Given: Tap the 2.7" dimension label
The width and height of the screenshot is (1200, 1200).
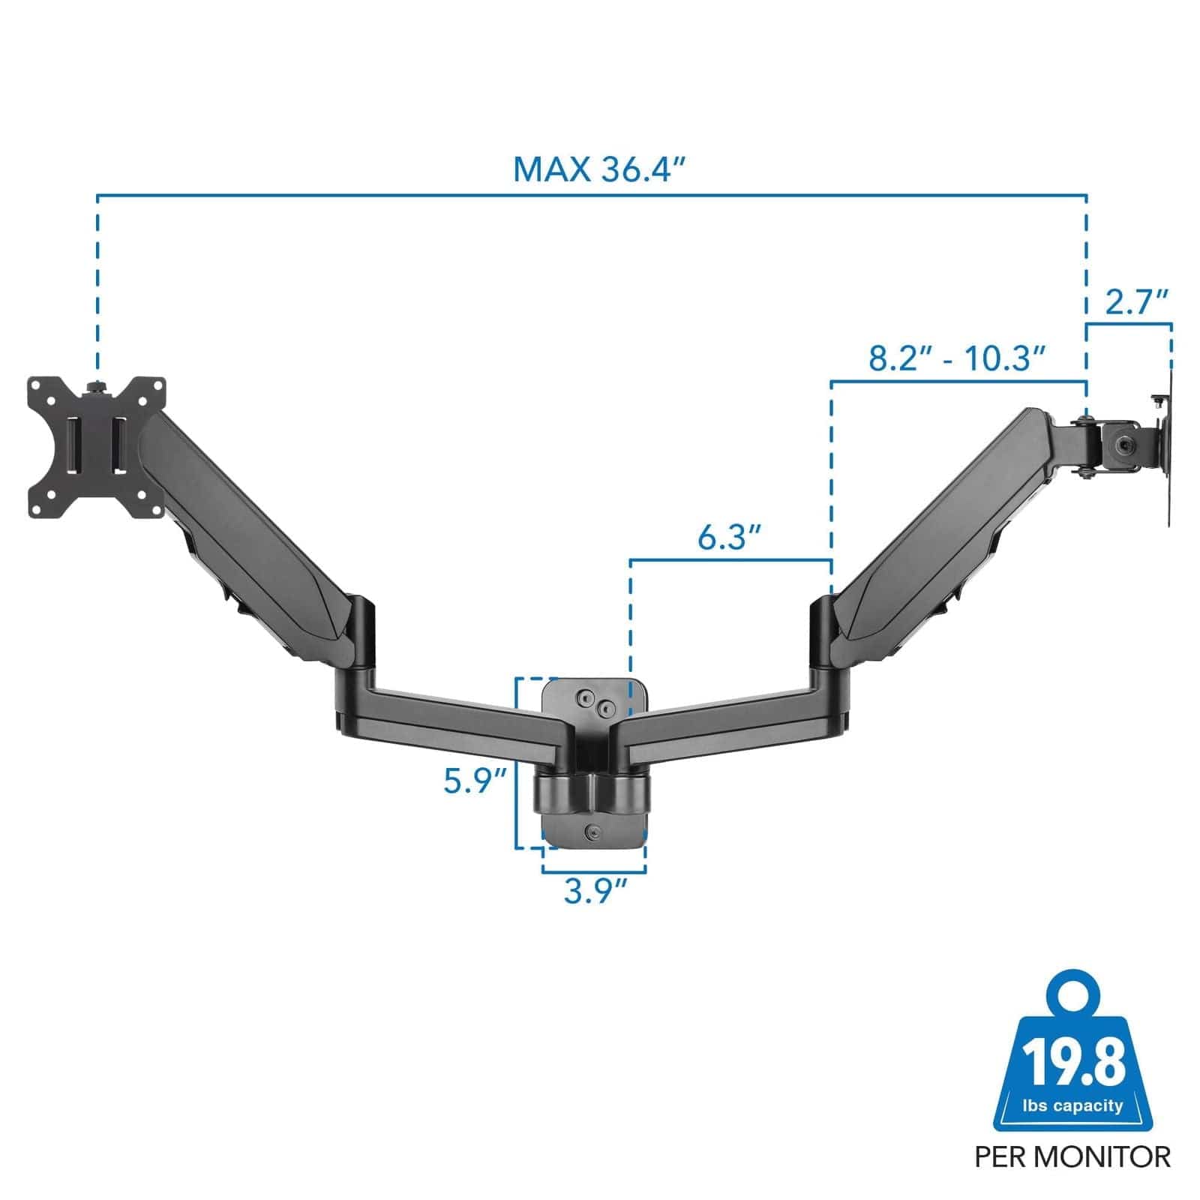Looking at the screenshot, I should [x=1137, y=302].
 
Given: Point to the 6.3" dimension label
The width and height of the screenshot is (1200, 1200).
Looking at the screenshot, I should [x=730, y=537].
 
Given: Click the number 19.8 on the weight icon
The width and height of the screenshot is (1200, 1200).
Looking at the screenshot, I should [x=1074, y=1060].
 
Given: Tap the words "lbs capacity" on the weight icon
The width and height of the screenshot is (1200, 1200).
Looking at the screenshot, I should [x=1073, y=1105].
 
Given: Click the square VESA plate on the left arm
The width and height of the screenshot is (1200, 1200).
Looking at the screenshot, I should [x=96, y=448].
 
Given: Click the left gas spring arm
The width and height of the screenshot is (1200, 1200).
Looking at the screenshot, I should [x=247, y=532].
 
